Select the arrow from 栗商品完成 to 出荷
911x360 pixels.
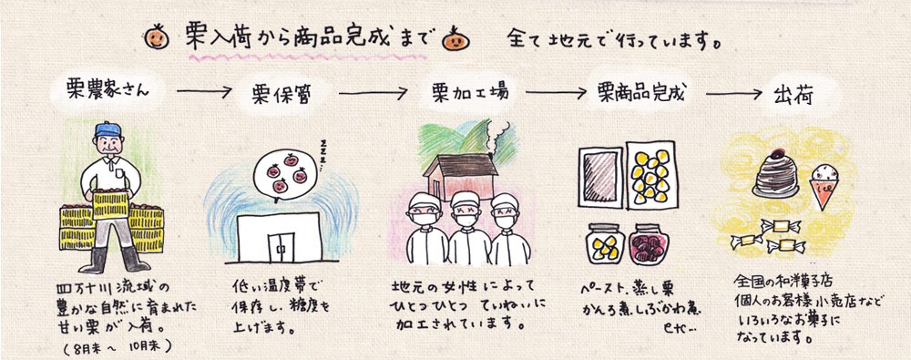pos(734,93)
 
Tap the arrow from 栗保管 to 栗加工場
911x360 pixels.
pos(374,93)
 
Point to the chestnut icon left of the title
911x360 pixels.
pos(157,37)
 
